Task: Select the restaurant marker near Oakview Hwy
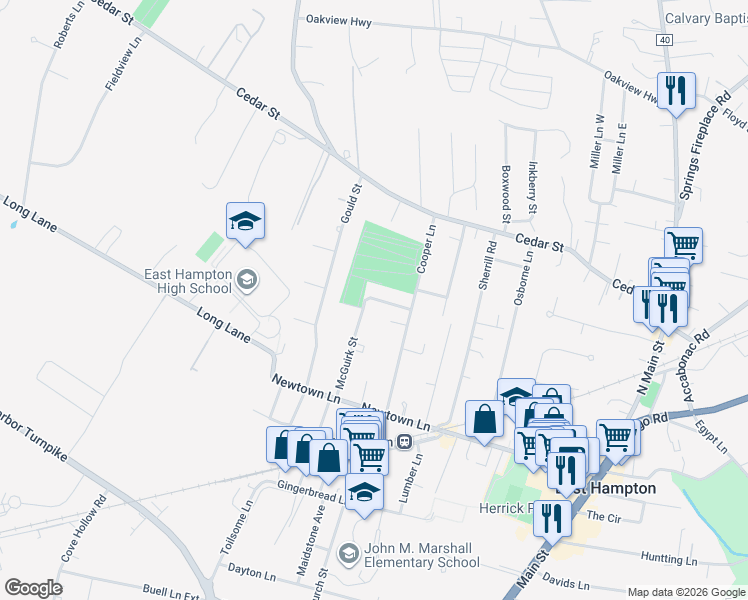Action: (676, 92)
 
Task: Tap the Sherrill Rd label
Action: (486, 268)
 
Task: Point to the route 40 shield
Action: (664, 39)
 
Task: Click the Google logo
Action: (33, 587)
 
